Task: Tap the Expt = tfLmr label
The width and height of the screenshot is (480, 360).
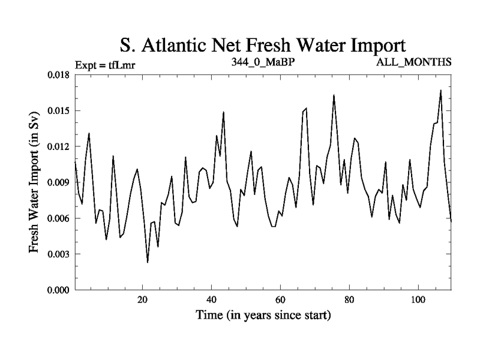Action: pos(106,63)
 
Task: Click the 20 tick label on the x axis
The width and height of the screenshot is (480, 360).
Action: pos(142,300)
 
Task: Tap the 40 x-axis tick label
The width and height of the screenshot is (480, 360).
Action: pos(211,300)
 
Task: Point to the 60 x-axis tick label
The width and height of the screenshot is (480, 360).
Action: pos(280,300)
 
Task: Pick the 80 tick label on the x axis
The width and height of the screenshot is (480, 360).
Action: pos(349,300)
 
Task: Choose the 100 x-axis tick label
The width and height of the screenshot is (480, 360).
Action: pos(418,300)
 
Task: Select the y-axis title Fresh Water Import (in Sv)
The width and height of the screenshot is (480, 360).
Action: pos(34,181)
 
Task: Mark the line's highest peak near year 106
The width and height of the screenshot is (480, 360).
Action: pos(440,91)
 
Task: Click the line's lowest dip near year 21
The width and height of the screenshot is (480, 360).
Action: pos(148,262)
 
